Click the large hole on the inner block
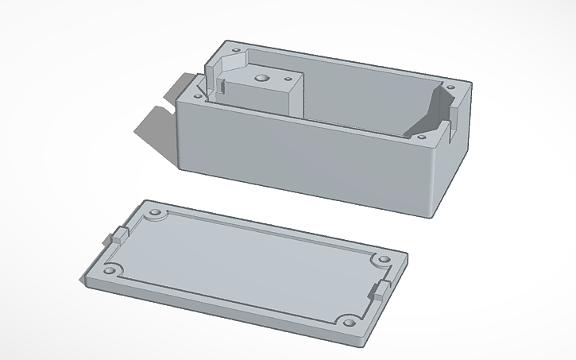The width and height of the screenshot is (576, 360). pyautogui.click(x=261, y=79)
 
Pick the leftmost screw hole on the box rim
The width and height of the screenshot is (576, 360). pyautogui.click(x=195, y=95)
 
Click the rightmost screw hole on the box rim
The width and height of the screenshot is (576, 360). pyautogui.click(x=451, y=87)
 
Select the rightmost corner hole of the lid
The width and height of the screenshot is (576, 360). pyautogui.click(x=381, y=261)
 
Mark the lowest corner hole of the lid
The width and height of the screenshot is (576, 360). pyautogui.click(x=348, y=322)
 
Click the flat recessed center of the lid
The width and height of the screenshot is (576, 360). pyautogui.click(x=246, y=266)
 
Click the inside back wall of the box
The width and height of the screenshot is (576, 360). pyautogui.click(x=365, y=91)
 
